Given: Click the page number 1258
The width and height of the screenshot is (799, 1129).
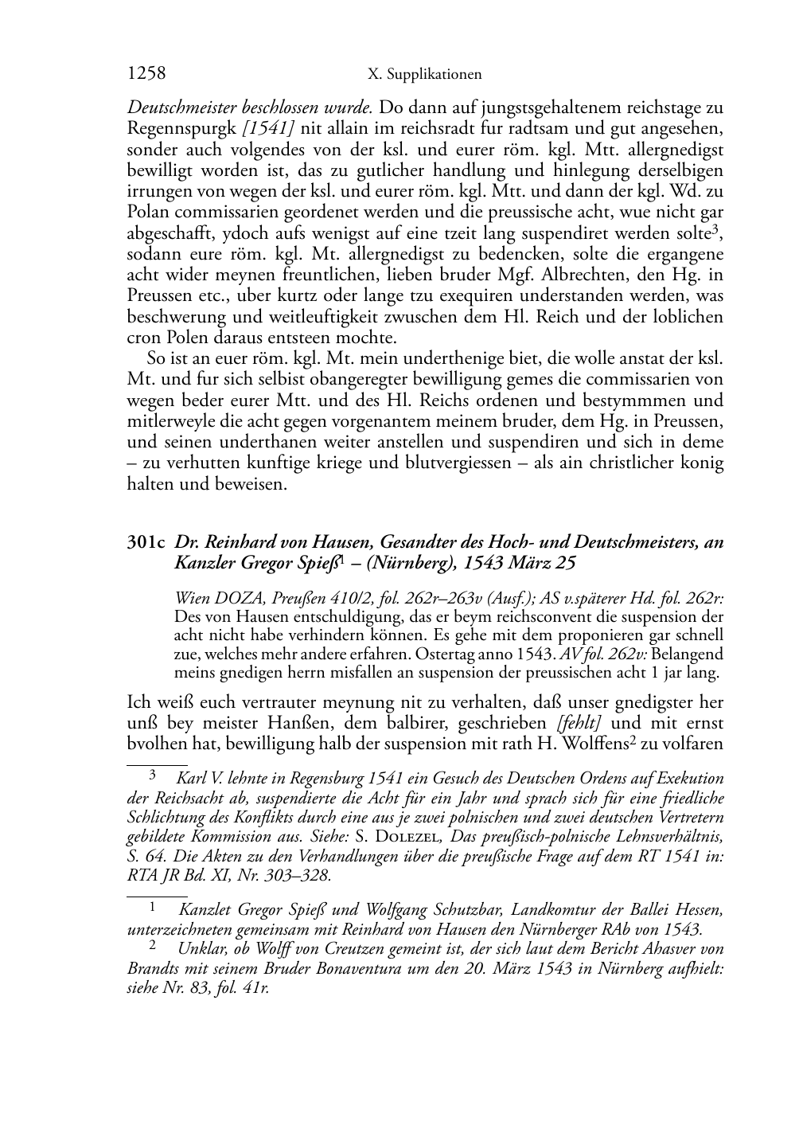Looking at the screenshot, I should [146, 74].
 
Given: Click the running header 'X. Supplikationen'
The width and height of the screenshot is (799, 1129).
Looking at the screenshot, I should [425, 75].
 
